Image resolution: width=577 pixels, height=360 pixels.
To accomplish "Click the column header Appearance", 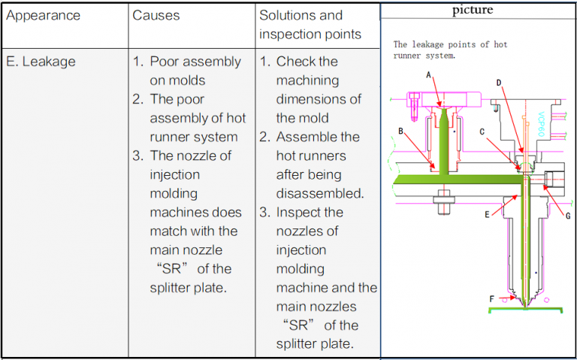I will [x=43, y=15].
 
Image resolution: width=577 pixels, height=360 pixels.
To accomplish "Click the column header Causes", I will [x=157, y=15].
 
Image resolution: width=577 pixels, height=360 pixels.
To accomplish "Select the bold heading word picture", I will [x=473, y=10].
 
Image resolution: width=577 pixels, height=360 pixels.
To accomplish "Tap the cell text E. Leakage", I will [x=41, y=62].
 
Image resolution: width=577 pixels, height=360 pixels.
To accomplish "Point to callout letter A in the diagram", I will [x=428, y=74].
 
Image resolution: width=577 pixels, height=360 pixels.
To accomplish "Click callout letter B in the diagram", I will [x=401, y=131].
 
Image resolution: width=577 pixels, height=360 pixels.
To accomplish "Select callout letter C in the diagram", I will [x=482, y=131].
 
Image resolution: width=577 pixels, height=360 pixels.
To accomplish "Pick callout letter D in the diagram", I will [x=499, y=82].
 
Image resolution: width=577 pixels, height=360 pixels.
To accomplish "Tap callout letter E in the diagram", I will [x=487, y=215].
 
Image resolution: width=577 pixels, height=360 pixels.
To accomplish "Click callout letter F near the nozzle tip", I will [x=492, y=298].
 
